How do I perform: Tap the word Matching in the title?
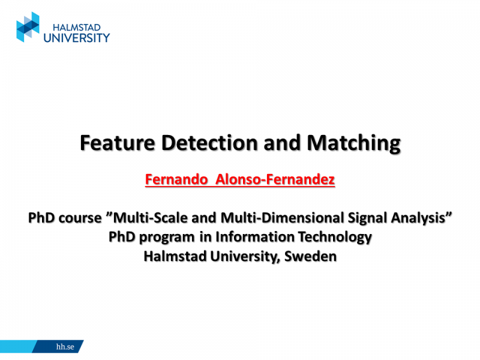[353, 143]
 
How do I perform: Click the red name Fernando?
[175, 179]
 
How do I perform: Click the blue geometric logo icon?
[28, 27]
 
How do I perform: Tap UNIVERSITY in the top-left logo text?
[77, 37]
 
